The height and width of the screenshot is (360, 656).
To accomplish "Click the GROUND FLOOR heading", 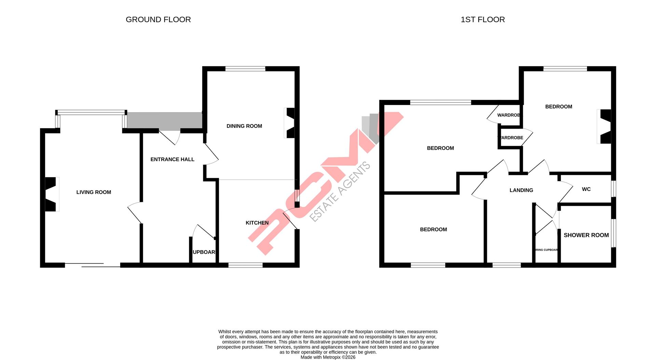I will (x=158, y=19).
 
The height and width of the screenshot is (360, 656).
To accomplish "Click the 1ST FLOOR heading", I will (x=482, y=19).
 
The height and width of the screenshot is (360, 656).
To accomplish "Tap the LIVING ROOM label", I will (x=94, y=192).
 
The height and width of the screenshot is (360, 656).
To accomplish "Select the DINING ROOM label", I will (x=244, y=126).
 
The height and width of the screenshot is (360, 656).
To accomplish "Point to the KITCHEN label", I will (x=257, y=223).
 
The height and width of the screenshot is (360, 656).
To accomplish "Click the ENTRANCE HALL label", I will (x=172, y=159).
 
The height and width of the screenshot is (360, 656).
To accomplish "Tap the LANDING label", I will (x=521, y=190).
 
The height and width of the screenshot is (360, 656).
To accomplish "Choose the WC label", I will (x=586, y=189).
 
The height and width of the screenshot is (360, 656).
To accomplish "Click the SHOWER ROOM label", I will (x=586, y=235).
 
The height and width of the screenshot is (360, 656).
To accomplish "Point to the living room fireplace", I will (x=51, y=194).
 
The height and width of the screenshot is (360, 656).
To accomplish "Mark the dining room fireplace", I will (x=290, y=123).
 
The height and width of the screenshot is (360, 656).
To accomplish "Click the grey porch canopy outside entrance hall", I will (x=165, y=121).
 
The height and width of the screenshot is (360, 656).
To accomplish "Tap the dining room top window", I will (x=245, y=69).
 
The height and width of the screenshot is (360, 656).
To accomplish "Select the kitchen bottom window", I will (x=245, y=265).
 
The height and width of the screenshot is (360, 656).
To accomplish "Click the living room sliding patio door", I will (x=92, y=265).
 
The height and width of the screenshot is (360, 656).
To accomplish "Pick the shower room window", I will (x=614, y=233).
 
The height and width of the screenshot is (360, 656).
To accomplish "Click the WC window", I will (x=614, y=189).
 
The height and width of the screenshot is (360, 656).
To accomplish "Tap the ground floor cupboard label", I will (x=204, y=252).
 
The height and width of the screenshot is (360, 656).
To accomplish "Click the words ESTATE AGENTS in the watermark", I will (x=340, y=192).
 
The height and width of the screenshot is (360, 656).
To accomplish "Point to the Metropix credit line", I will (x=328, y=357).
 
